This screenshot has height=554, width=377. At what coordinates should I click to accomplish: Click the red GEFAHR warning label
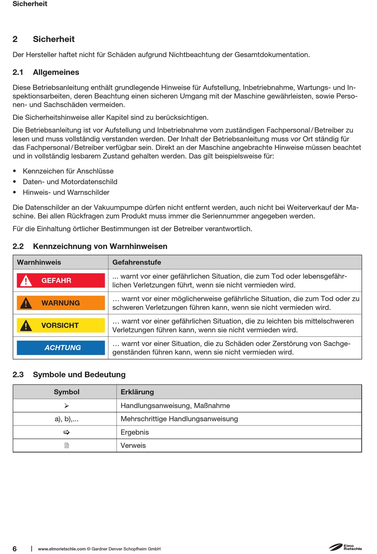[61, 280]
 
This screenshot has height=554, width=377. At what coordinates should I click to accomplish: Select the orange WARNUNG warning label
[61, 303]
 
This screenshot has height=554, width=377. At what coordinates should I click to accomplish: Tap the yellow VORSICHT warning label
[61, 325]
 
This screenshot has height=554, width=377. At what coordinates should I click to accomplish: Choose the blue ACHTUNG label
[61, 348]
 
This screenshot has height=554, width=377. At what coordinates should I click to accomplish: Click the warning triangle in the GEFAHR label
[26, 281]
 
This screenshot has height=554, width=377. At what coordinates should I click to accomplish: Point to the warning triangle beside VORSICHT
[26, 326]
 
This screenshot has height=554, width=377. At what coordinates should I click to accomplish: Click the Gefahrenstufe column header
[137, 262]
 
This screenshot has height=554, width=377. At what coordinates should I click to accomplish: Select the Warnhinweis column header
[39, 262]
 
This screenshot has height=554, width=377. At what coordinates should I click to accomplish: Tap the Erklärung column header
[137, 392]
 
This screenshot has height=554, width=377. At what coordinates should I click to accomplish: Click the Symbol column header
[67, 392]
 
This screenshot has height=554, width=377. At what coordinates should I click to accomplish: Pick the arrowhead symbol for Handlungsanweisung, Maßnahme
[67, 406]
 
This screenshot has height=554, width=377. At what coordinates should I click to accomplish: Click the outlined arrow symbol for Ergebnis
[67, 432]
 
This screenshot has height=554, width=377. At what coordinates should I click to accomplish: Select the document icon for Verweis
[67, 445]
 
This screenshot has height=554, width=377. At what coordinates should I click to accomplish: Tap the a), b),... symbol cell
[67, 419]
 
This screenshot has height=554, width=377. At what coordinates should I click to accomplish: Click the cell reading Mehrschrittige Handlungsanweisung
[179, 419]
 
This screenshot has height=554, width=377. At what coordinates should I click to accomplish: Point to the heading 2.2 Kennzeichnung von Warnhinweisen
[90, 246]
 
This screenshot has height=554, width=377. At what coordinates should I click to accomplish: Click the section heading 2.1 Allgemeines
[46, 72]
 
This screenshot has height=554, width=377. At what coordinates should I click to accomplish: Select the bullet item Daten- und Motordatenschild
[70, 182]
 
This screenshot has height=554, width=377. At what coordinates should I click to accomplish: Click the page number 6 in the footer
[15, 548]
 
